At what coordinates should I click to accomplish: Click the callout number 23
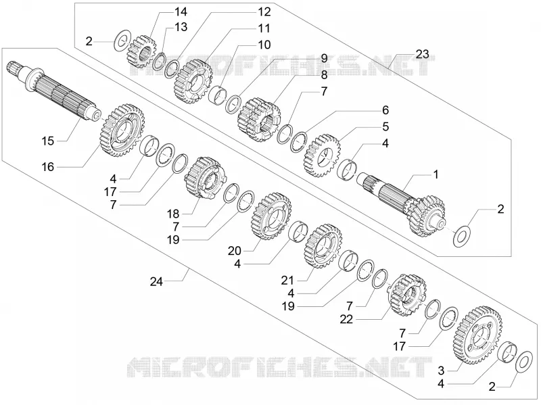422,54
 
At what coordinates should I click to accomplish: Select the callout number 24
156,281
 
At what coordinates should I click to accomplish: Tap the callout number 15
48,141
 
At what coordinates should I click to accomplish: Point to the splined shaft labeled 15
53,91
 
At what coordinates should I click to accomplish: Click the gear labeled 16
122,130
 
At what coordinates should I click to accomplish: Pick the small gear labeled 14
142,51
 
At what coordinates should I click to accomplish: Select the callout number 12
264,11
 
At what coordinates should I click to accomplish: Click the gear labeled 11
193,81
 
